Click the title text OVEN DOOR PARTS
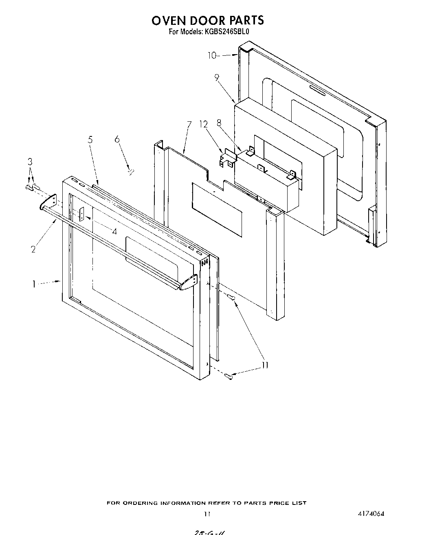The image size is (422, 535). point(208,20)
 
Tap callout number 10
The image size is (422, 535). point(212,55)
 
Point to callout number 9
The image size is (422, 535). point(217,77)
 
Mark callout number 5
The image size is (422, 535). point(90,140)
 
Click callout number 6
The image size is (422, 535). point(117,140)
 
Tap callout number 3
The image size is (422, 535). point(30,161)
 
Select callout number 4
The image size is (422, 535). point(114,232)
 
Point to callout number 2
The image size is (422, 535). point(33,249)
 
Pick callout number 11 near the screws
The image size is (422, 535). point(265,365)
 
